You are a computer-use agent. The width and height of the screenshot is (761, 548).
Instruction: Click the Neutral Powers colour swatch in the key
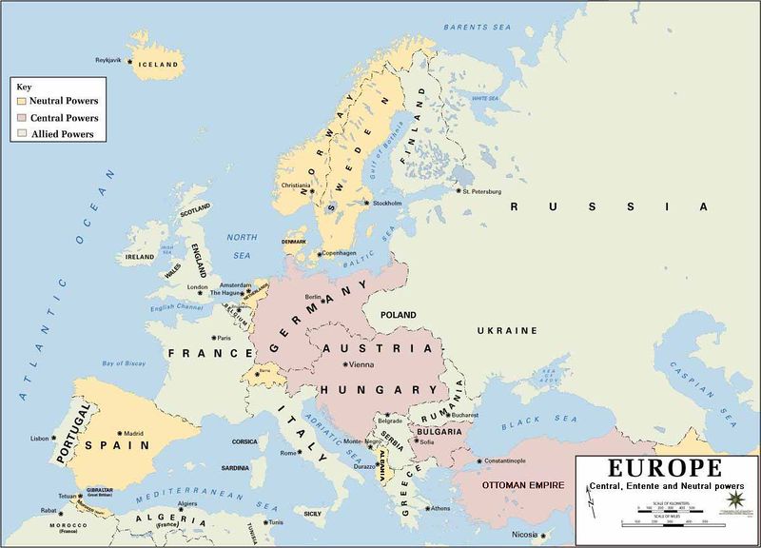click(x=22, y=100)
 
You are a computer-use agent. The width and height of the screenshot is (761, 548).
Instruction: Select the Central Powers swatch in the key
click(x=22, y=117)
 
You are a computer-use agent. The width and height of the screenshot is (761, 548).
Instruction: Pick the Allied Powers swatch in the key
click(x=22, y=134)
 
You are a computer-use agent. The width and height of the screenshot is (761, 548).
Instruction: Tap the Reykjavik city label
click(x=109, y=60)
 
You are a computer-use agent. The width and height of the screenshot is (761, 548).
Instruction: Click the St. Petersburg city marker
click(x=458, y=192)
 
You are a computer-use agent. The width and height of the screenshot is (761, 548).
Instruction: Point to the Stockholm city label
click(x=388, y=203)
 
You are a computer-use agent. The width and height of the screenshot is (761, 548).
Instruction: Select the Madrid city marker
click(x=119, y=432)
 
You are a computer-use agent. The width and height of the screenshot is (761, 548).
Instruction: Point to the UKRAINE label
click(x=508, y=330)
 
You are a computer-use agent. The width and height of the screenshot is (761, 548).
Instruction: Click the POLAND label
click(x=399, y=313)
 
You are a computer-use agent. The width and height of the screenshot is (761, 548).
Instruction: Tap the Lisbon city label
click(x=39, y=439)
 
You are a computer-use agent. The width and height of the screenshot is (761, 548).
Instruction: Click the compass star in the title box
click(x=734, y=499)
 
